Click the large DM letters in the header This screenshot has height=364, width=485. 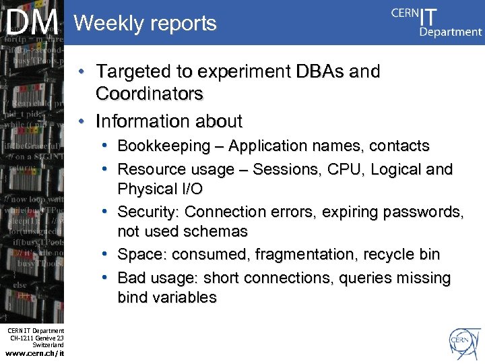[32, 23]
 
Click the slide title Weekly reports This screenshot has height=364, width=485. [145, 24]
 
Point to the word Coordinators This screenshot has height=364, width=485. [150, 94]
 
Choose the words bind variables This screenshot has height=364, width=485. [167, 297]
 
